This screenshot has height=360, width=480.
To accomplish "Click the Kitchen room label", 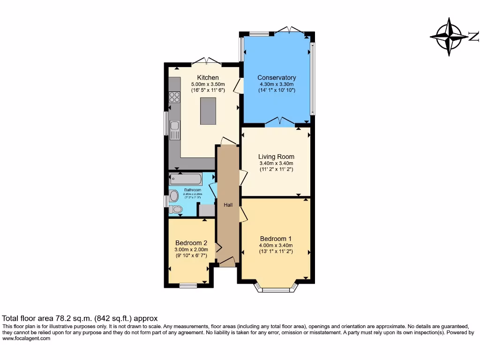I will (208, 77).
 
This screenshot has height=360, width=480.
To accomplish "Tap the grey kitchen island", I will (208, 111).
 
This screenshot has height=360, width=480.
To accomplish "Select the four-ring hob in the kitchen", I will (174, 97).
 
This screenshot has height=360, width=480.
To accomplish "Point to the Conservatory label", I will (277, 77).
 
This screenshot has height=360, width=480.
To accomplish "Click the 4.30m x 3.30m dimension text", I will (277, 84).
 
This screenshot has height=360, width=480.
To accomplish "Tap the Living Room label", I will (276, 157).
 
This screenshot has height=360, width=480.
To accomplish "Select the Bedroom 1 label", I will (276, 239).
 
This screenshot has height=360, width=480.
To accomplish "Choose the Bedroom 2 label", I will (191, 243).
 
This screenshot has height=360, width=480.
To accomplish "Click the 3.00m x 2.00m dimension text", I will (191, 249).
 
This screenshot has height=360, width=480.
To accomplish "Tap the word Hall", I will (228, 205).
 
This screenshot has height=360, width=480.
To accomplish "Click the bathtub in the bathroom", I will (186, 179).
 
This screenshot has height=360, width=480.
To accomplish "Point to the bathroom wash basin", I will (173, 195).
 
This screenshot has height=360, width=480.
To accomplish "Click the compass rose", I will (449, 37).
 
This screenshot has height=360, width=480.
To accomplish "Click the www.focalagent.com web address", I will (26, 338).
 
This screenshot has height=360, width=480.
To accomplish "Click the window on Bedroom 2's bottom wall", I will (188, 285).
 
